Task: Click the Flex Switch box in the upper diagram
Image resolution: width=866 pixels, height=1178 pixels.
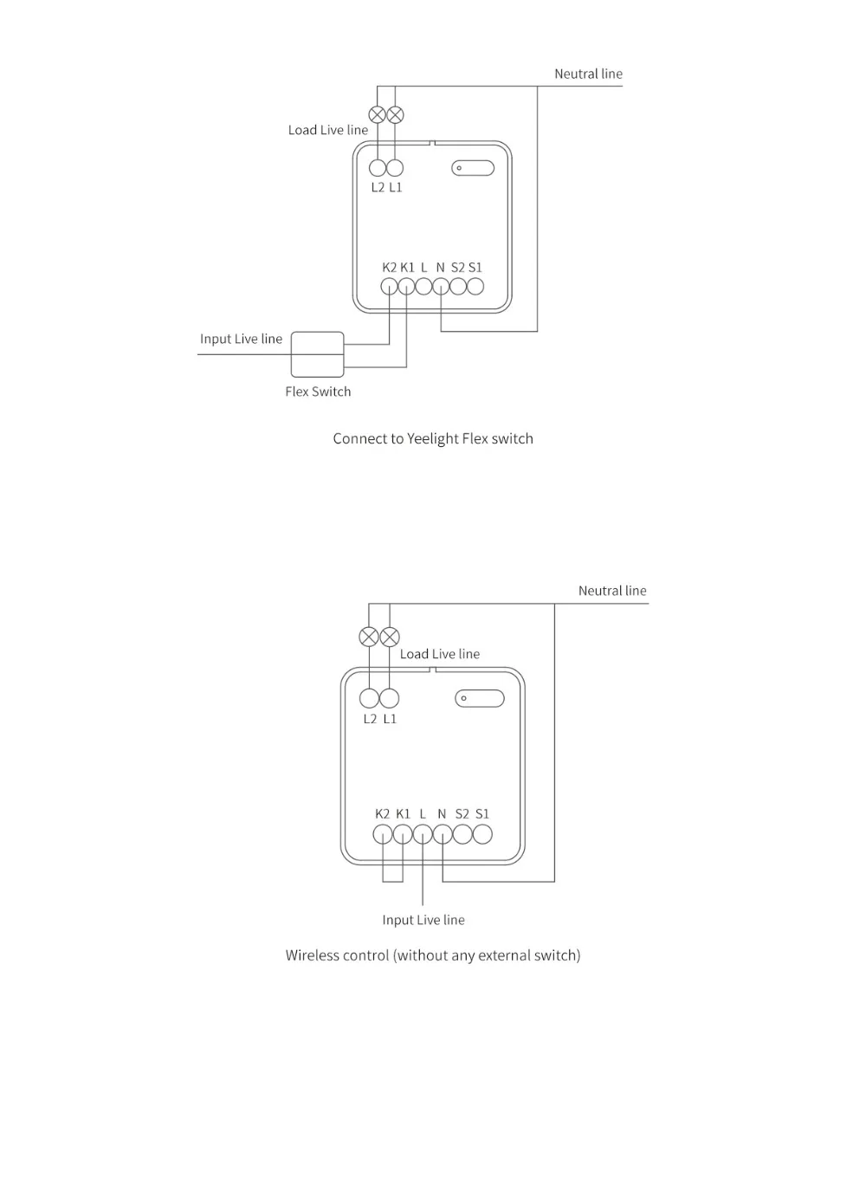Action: (x=317, y=354)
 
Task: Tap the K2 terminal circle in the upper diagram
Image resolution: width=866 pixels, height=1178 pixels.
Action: (x=390, y=286)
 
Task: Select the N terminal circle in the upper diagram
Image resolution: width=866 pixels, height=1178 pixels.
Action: (x=441, y=286)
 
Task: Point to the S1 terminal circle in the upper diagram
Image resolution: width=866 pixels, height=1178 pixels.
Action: (x=475, y=286)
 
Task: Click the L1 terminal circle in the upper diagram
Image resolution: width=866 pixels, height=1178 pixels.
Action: (x=395, y=168)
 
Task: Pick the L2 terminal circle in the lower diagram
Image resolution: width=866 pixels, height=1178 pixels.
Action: (x=370, y=698)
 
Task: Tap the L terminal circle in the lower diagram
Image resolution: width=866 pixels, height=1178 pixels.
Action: (x=423, y=834)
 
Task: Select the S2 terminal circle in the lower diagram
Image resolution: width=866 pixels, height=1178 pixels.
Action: (x=462, y=834)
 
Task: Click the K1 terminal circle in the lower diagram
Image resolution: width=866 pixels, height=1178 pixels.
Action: (x=403, y=834)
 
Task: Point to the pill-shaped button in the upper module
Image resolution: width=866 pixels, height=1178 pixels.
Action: (x=473, y=168)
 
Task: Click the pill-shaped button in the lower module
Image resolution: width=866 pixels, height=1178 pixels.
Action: (x=480, y=698)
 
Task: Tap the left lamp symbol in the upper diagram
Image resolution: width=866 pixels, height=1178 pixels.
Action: (x=378, y=114)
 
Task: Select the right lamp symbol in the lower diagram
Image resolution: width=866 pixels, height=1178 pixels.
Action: (x=390, y=638)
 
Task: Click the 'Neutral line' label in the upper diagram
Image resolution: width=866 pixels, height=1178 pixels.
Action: (x=588, y=74)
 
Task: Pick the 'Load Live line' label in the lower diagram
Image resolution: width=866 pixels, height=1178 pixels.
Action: (x=439, y=654)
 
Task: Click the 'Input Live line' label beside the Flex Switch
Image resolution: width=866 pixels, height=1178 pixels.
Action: (x=241, y=339)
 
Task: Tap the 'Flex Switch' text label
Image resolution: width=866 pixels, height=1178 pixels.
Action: (x=318, y=392)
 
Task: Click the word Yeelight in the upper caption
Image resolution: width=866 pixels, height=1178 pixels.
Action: (x=433, y=439)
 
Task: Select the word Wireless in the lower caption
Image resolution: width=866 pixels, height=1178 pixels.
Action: (x=312, y=955)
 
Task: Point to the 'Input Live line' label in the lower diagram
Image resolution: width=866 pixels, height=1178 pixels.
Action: (x=423, y=920)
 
